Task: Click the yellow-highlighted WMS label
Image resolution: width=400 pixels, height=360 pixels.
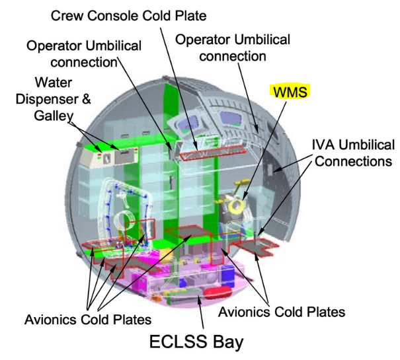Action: [x=290, y=92]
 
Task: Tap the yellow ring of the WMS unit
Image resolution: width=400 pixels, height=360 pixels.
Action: [x=235, y=208]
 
